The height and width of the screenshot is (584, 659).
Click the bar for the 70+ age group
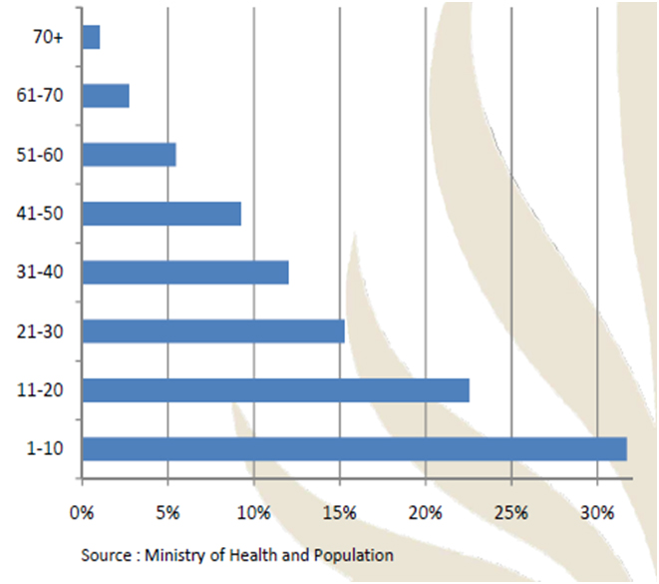[x=91, y=37]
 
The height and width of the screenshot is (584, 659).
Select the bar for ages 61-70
[x=106, y=96]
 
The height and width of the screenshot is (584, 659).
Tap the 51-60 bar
[x=129, y=155]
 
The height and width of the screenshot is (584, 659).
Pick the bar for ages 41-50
[x=162, y=214]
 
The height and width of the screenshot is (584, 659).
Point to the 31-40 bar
[x=185, y=272]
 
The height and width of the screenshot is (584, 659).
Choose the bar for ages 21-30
[x=213, y=330]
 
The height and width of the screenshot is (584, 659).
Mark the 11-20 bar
[x=275, y=389]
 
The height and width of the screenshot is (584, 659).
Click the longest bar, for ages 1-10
[x=354, y=448]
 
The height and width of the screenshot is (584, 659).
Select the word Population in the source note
[x=350, y=554]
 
